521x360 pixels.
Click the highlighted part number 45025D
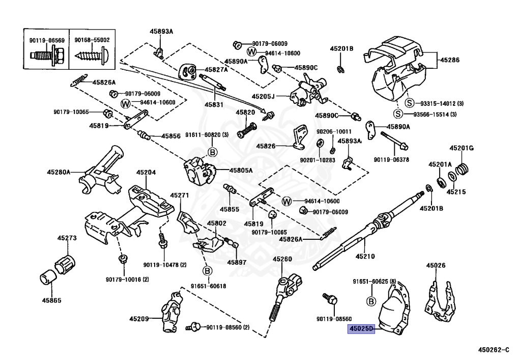click(x=361, y=329)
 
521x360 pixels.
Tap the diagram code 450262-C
click(x=494, y=350)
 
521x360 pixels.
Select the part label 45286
click(x=450, y=60)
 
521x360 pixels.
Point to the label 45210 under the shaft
click(x=365, y=256)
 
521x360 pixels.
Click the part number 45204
click(x=146, y=172)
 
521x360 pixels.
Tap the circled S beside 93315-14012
click(x=410, y=103)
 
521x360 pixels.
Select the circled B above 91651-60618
click(x=208, y=271)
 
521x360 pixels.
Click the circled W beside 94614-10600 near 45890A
click(x=252, y=52)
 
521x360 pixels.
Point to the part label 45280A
click(x=59, y=172)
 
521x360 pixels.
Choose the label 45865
click(x=51, y=300)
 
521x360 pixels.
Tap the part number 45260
click(x=282, y=259)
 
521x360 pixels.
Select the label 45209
click(x=139, y=319)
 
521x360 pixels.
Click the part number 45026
click(x=436, y=265)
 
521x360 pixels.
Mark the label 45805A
click(x=241, y=171)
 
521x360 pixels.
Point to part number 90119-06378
click(x=391, y=159)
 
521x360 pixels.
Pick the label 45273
click(x=67, y=238)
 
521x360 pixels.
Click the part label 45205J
click(x=263, y=96)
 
